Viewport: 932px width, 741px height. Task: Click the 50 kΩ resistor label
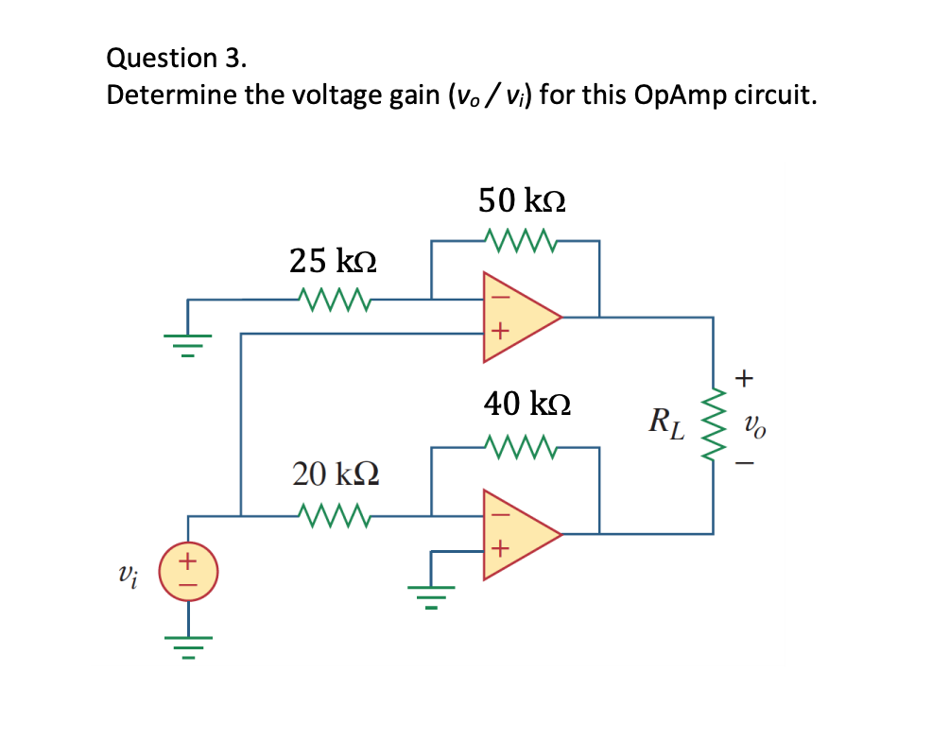tap(522, 200)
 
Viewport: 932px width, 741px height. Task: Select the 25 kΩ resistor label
tap(333, 260)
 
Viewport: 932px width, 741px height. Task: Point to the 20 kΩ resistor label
tap(336, 473)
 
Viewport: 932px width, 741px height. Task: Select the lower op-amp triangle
tap(515, 534)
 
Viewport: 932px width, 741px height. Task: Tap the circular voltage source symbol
tap(188, 573)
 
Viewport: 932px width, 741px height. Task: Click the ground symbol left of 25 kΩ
tap(187, 342)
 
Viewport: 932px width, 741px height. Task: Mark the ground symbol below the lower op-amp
tap(432, 593)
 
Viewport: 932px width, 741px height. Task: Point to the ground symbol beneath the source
tap(187, 647)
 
